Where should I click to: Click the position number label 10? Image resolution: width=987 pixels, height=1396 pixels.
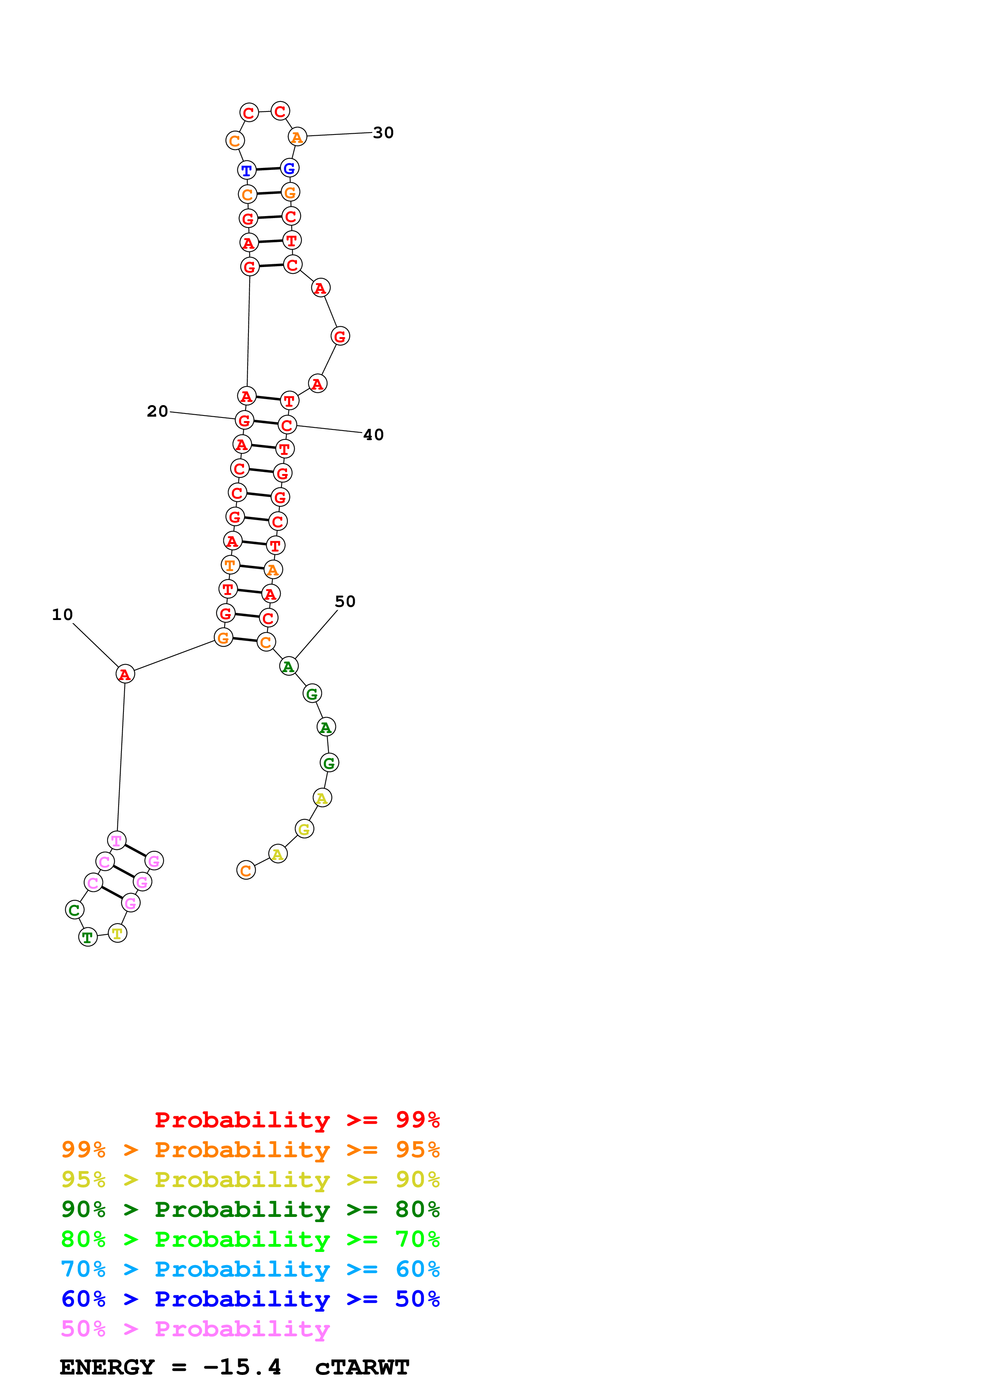tap(62, 615)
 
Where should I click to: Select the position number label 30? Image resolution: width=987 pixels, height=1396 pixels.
tap(383, 133)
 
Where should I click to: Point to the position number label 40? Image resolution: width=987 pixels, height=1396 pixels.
tap(373, 435)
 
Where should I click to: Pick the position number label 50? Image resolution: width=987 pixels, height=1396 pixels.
tap(345, 601)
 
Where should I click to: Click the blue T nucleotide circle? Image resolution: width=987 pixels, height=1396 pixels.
tap(246, 170)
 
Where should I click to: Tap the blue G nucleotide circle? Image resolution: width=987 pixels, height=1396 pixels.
tap(289, 168)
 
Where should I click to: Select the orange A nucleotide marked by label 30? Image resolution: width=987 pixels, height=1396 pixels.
tap(297, 137)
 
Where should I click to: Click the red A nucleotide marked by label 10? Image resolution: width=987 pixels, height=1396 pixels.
tap(125, 674)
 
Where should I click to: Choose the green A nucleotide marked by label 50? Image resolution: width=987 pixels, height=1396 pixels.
tap(288, 667)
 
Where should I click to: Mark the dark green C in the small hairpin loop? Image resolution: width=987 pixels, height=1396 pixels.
tap(74, 910)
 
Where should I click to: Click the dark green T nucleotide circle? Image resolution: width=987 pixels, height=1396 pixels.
tap(88, 937)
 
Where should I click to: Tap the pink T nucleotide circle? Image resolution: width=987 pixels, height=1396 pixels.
tap(116, 841)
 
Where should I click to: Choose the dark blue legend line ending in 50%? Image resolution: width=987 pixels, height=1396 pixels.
tap(250, 1299)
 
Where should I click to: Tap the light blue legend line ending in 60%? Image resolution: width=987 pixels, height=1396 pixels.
tap(250, 1269)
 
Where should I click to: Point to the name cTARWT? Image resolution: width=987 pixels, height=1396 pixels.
tap(362, 1367)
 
